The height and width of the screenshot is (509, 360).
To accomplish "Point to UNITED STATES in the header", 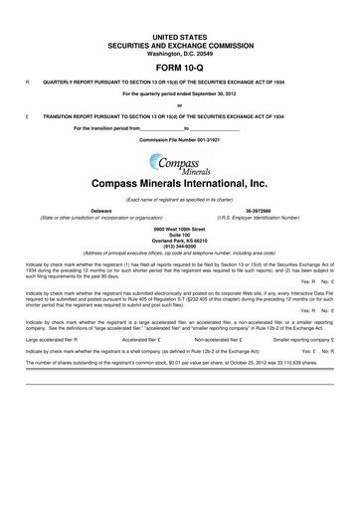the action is [x=179, y=8].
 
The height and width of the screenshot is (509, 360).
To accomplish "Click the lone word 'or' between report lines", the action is [x=179, y=105].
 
